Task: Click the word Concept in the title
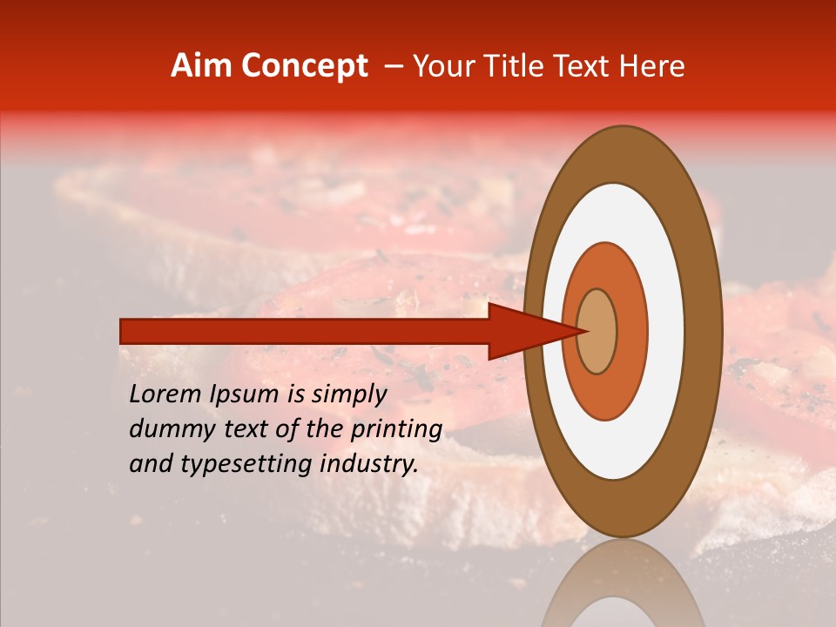pos(304,66)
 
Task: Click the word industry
pos(371,464)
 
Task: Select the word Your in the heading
pos(441,66)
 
